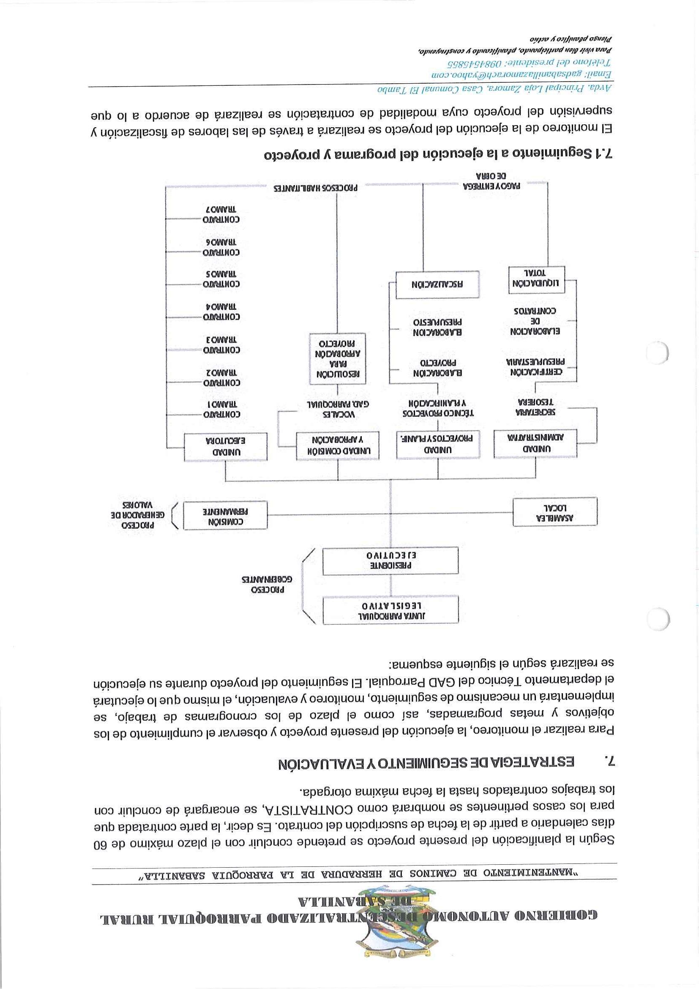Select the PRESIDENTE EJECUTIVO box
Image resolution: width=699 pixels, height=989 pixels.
(x=390, y=561)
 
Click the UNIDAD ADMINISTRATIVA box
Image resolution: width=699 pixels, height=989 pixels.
(x=535, y=443)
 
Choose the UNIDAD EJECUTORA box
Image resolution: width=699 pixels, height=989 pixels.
(x=225, y=447)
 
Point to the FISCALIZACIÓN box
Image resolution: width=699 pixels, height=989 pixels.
(x=437, y=284)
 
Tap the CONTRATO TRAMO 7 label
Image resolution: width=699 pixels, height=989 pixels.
(x=221, y=215)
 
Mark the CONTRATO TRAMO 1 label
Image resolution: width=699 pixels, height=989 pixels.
(x=221, y=409)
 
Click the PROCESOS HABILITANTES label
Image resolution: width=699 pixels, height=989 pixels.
(x=315, y=188)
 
